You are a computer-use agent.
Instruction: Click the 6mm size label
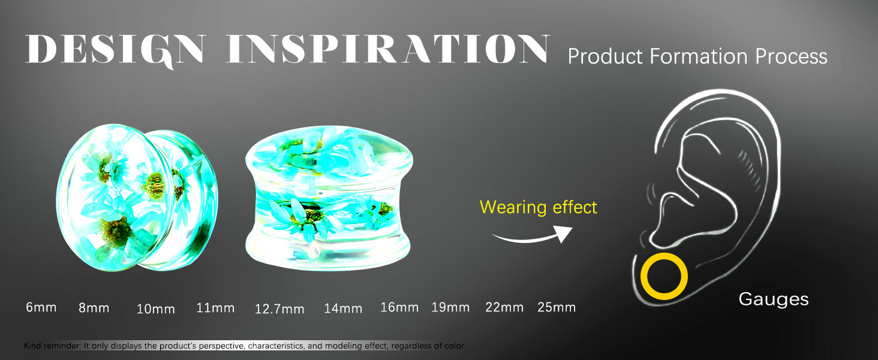[x=41, y=307]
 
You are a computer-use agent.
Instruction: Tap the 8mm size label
[x=94, y=308]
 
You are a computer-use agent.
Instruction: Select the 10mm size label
[x=155, y=309]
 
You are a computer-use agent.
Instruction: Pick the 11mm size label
[x=215, y=308]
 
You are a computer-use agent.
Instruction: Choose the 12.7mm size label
[x=279, y=309]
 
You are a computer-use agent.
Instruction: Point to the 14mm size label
[x=343, y=308]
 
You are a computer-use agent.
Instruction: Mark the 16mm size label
[x=399, y=307]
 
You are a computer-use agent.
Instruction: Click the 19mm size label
[x=450, y=307]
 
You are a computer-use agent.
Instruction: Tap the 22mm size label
[x=504, y=307]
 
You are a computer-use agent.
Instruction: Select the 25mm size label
[x=557, y=307]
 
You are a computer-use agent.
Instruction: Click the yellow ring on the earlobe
[x=644, y=277]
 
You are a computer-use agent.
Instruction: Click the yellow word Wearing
[x=513, y=208]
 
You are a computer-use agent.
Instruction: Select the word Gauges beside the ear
[x=773, y=299]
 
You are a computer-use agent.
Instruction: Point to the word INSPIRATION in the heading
[x=387, y=49]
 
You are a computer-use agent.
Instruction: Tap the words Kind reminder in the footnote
[x=52, y=346]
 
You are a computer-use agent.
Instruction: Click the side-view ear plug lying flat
[x=329, y=198]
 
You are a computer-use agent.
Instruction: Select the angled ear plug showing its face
[x=137, y=197]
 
